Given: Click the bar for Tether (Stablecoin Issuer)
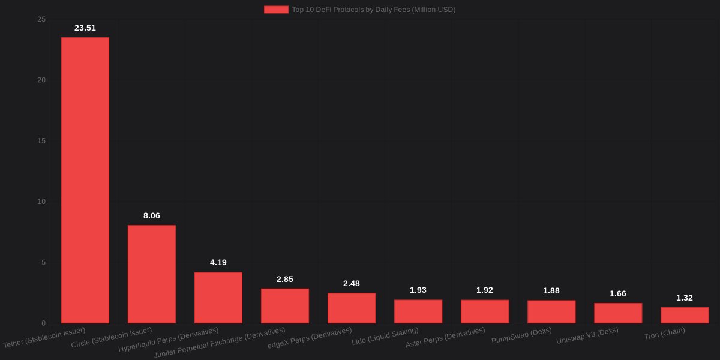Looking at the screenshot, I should tap(85, 180).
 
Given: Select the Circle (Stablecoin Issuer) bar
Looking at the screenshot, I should tap(152, 274).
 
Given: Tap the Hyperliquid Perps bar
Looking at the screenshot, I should tap(218, 298).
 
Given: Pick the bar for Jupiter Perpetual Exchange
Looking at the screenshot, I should tap(285, 306).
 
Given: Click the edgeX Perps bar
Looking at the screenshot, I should tap(352, 308).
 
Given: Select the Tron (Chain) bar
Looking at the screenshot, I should tap(685, 315).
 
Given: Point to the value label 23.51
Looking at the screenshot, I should tap(85, 28).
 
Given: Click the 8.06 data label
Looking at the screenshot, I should tap(152, 215).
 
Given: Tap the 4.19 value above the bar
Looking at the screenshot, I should tap(218, 262).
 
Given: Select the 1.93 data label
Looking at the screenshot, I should tap(418, 290).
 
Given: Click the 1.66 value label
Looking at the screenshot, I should tap(618, 293).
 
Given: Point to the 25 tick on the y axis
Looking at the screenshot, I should tap(41, 20).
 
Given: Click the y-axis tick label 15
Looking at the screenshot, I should tap(41, 141).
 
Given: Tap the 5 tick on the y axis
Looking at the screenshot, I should tap(43, 262).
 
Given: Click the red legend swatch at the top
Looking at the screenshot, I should tap(276, 10).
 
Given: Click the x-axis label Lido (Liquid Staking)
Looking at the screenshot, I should tap(385, 337).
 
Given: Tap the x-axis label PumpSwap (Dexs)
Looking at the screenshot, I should tap(521, 335).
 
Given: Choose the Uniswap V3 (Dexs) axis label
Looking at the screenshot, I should tap(587, 335).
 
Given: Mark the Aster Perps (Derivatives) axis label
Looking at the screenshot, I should tap(445, 338).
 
